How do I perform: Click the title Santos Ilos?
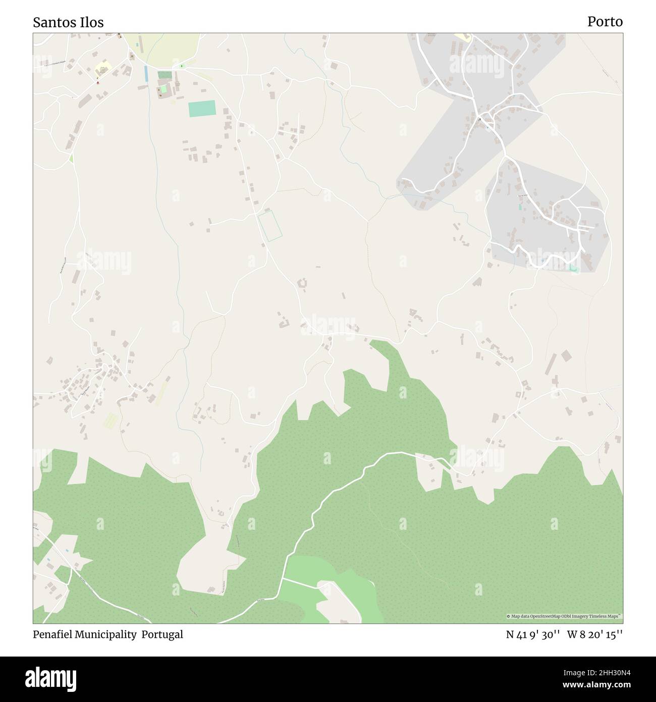pyautogui.click(x=69, y=22)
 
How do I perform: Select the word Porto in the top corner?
pyautogui.click(x=605, y=22)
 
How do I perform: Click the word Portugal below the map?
pyautogui.click(x=162, y=635)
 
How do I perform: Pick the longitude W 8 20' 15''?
pyautogui.click(x=595, y=635)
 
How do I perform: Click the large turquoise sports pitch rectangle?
pyautogui.click(x=202, y=109)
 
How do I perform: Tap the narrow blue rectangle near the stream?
pyautogui.click(x=146, y=74)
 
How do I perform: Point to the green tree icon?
pyautogui.click(x=182, y=66)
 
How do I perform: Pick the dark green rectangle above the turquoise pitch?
pyautogui.click(x=164, y=75)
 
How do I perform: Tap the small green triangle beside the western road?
pyautogui.click(x=71, y=158)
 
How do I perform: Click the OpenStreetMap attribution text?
pyautogui.click(x=564, y=617)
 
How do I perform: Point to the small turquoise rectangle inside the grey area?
pyautogui.click(x=520, y=207)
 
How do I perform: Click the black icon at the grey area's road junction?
pyautogui.click(x=480, y=119)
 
